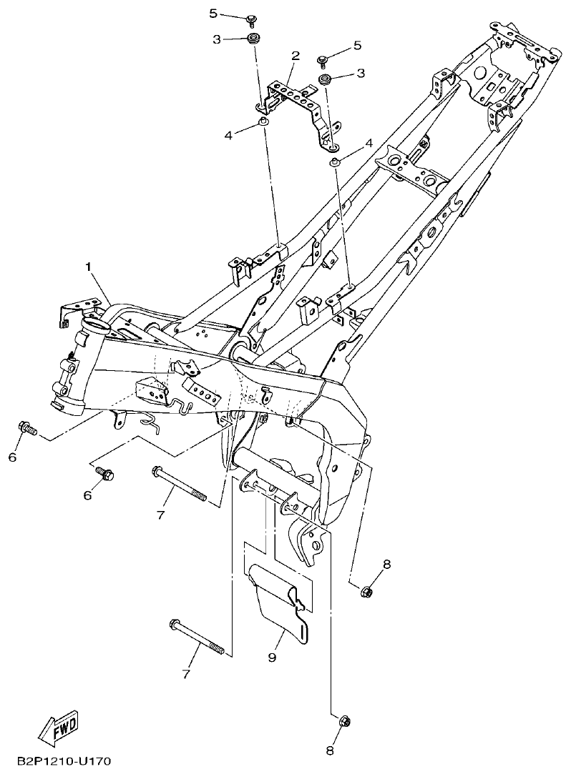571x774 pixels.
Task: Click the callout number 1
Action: point(89,267)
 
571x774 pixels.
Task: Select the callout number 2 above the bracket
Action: point(293,56)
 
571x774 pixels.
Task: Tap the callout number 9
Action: point(272,657)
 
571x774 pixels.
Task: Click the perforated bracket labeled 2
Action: point(294,99)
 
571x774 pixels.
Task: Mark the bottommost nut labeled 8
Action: point(342,720)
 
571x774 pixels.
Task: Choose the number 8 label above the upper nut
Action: point(386,565)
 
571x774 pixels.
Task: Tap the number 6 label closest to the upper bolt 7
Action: point(88,495)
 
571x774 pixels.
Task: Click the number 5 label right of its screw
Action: point(357,46)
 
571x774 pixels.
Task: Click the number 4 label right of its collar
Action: point(369,143)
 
